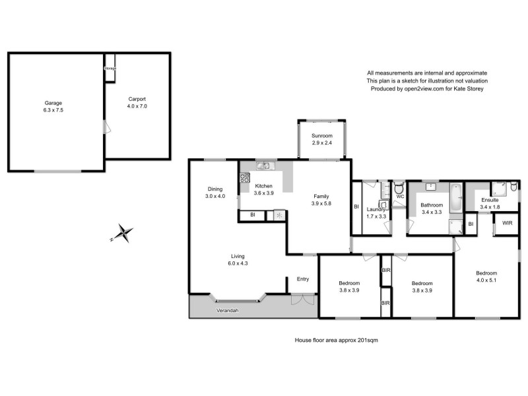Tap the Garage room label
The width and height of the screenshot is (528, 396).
[x=53, y=107]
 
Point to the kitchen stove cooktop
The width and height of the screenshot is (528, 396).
[x=244, y=178]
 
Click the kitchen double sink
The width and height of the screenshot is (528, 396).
[x=265, y=166]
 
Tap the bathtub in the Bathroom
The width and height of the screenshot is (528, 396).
[x=455, y=198]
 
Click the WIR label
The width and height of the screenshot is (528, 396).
[x=507, y=223]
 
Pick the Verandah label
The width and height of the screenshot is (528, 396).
[x=226, y=310]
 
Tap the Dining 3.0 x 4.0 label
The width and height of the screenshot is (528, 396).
[x=214, y=193]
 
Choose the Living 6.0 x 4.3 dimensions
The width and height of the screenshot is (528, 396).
[x=238, y=263]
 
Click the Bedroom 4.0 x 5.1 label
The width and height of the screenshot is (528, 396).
[x=486, y=277]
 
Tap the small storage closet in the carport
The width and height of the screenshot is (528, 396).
[x=110, y=68]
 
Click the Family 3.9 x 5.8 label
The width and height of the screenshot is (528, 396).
[x=321, y=200]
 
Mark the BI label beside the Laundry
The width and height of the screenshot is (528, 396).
[x=356, y=207]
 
